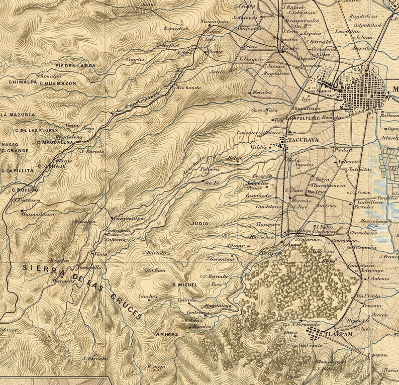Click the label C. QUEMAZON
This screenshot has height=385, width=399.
(x=58, y=83)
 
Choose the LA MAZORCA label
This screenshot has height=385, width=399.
(x=18, y=115)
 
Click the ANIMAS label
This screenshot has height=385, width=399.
(x=167, y=333)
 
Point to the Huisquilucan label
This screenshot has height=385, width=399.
(x=37, y=213)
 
